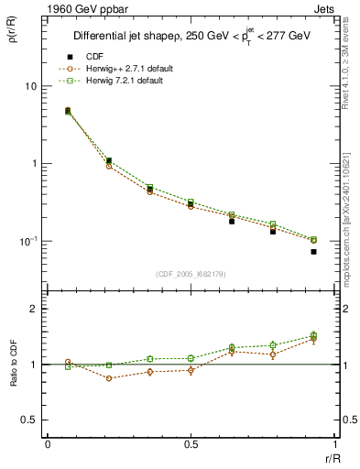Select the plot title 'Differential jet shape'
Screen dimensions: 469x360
coord(128,37)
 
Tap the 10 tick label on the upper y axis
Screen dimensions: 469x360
coord(29,86)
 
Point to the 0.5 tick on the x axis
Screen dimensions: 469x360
coord(191,443)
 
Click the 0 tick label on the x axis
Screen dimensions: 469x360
coord(48,443)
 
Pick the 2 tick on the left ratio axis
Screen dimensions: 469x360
coord(34,309)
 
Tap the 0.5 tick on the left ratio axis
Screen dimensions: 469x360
coord(29,420)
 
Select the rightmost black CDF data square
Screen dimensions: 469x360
coord(313,251)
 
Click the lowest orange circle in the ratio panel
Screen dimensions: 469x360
coord(109,378)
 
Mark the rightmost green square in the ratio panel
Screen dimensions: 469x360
coord(313,335)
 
